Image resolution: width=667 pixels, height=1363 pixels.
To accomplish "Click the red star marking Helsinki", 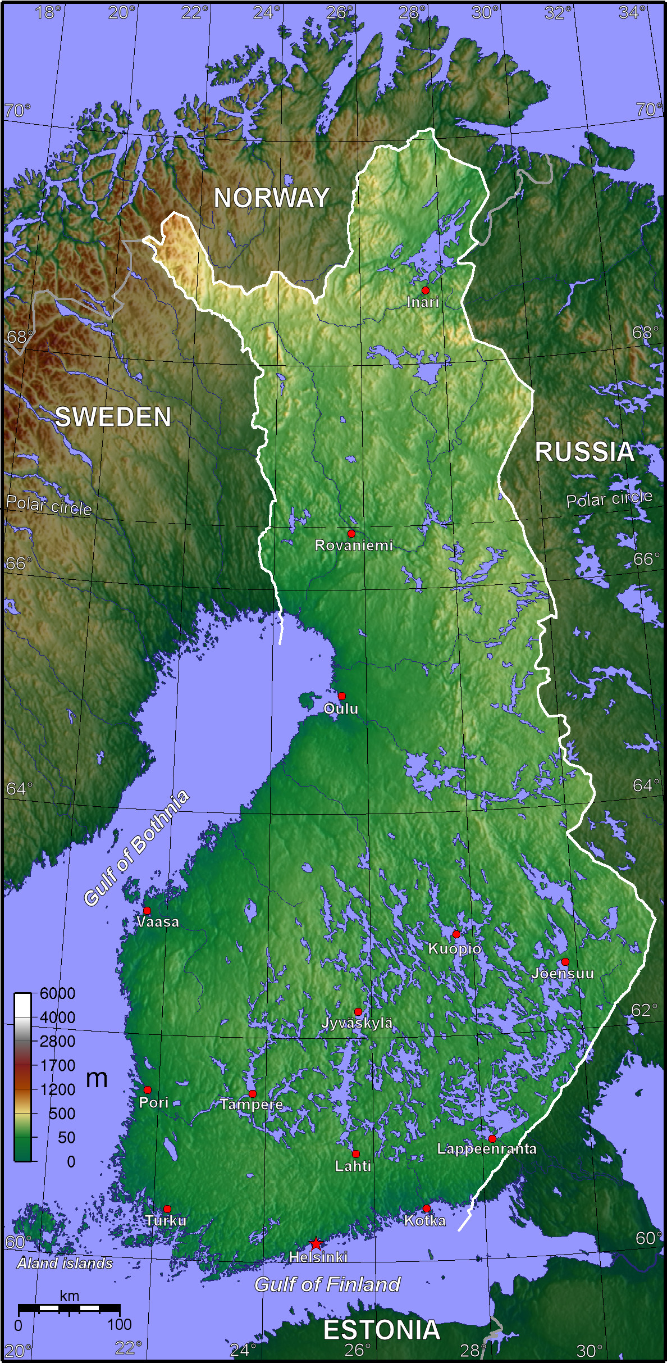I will [x=316, y=1243].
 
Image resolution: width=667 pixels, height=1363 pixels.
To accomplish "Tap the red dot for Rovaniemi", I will [x=351, y=533].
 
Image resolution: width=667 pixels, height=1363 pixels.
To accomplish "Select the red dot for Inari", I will [x=426, y=290].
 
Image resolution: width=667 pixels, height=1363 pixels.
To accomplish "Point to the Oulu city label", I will [x=341, y=709].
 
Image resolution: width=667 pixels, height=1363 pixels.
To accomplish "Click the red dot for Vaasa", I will [x=147, y=910].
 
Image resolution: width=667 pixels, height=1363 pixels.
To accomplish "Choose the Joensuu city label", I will [x=563, y=974].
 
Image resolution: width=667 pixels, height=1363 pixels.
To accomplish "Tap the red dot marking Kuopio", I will [x=456, y=934].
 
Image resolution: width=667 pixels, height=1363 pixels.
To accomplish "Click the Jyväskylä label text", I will [x=357, y=1023].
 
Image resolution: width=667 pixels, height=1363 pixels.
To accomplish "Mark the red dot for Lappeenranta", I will [x=492, y=1139].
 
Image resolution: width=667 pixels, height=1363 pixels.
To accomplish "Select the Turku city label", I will [x=166, y=1221].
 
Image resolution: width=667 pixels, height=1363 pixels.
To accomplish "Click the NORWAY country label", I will [x=272, y=198].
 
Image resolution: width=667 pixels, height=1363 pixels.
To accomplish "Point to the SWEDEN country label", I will [x=113, y=417].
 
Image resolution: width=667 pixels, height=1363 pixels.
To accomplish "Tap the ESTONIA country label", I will [x=382, y=1330].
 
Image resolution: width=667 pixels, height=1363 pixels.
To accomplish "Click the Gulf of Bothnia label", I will [x=136, y=848].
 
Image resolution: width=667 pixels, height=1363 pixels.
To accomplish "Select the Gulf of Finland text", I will [x=327, y=1284].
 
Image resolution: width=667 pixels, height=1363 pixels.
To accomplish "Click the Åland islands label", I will [x=65, y=1264].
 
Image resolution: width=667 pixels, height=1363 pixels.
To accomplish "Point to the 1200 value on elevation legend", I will [x=57, y=1089].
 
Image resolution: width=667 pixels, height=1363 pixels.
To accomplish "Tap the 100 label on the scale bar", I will [x=119, y=1324].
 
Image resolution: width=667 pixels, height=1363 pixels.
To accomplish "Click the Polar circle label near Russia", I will [x=609, y=498].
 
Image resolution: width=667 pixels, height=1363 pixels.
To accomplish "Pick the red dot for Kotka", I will [x=427, y=1208].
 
